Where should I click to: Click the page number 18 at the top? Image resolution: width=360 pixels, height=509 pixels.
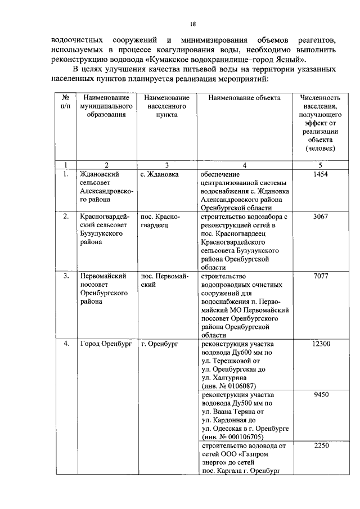192,24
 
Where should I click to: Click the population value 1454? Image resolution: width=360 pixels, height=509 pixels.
321,175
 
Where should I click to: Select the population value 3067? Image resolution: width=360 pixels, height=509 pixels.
321,217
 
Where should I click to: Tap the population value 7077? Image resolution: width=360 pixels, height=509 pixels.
321,276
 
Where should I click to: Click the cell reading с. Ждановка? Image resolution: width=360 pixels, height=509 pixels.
159,175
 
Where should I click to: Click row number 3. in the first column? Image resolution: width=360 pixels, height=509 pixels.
66,276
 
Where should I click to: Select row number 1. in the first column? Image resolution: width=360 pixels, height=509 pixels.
66,175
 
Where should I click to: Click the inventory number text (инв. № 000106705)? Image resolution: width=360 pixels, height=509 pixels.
232,436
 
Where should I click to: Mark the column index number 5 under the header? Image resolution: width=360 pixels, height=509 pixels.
321,165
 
